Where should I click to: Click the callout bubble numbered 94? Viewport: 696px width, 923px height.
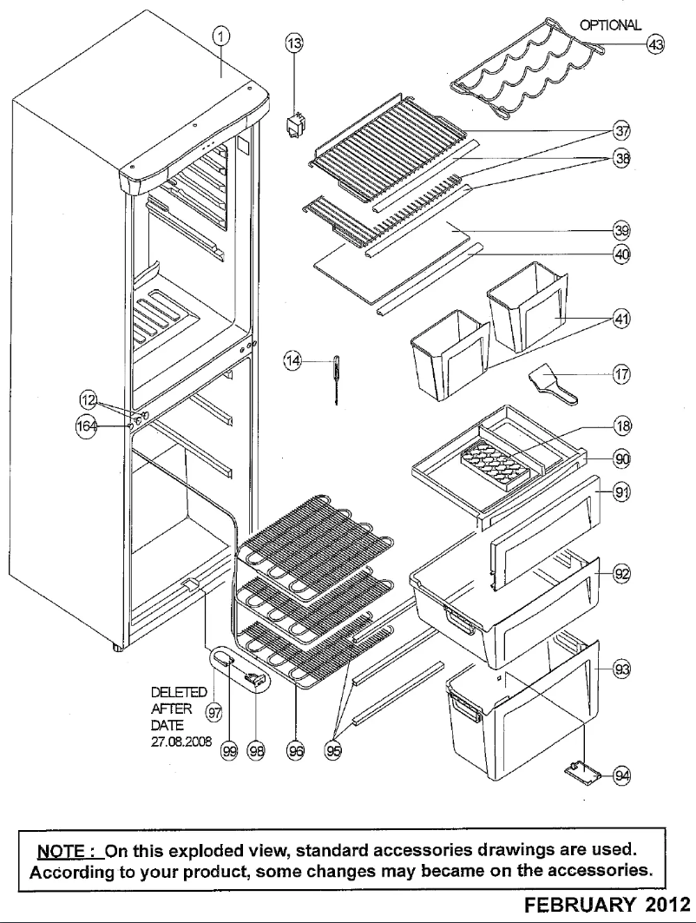click(x=620, y=775)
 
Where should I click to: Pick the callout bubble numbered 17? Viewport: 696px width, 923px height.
click(x=621, y=373)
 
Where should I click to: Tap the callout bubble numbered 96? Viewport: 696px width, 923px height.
click(x=297, y=751)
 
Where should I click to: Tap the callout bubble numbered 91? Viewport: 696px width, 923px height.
click(x=621, y=492)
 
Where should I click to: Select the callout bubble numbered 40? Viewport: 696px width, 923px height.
click(x=621, y=255)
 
